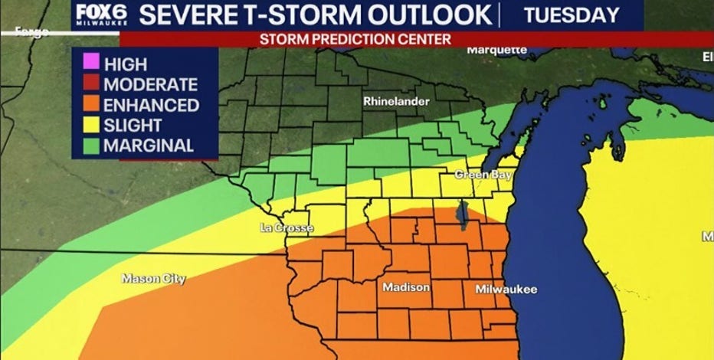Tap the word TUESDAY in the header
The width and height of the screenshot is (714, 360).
(x=572, y=15)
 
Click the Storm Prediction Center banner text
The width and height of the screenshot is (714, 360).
(x=355, y=38)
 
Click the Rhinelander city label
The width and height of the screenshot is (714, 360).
(x=396, y=101)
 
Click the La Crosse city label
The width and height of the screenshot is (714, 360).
(x=283, y=227)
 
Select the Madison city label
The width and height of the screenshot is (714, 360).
(x=406, y=287)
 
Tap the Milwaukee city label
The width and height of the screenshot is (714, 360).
(x=506, y=289)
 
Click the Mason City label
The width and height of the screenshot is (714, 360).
(x=153, y=279)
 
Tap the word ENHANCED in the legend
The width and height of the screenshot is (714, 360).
(x=151, y=105)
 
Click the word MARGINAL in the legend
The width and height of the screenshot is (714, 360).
(x=149, y=145)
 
